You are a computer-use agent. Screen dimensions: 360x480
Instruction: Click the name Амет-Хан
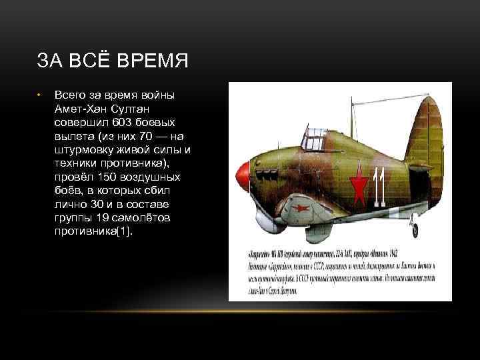(x=79, y=109)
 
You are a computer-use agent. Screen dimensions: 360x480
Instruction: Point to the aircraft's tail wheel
(x=415, y=230)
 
